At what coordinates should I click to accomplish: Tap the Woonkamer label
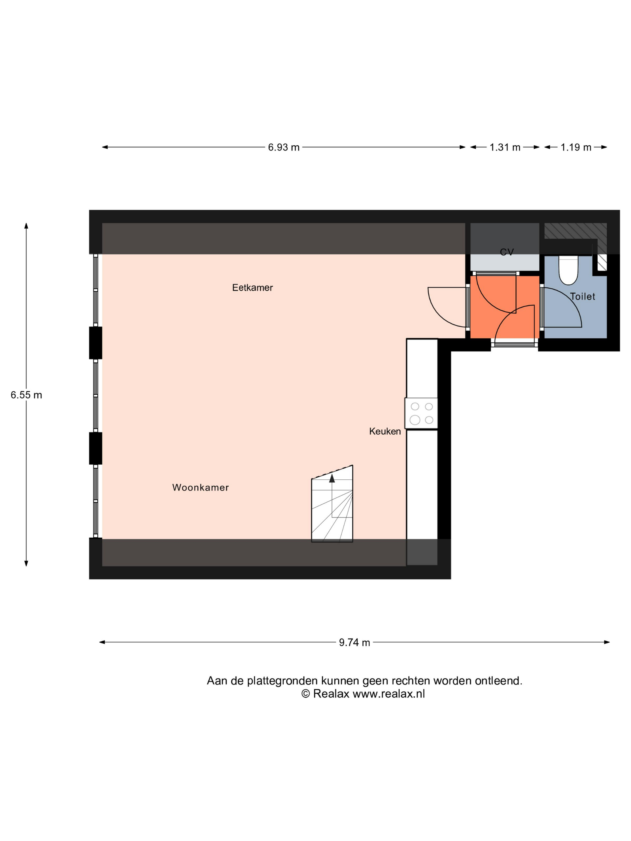[x=200, y=487]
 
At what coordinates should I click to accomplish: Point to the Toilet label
[x=582, y=296]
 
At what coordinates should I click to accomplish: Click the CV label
[x=507, y=252]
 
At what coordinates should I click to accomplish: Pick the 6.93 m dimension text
[x=284, y=147]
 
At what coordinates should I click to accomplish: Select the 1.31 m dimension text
[x=505, y=147]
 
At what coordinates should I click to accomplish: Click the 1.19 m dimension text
[x=576, y=147]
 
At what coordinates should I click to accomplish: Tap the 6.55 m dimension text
[x=26, y=395]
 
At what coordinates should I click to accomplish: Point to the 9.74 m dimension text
[x=355, y=642]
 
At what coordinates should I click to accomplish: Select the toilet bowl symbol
[x=568, y=270]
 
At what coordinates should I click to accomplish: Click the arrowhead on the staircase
[x=332, y=478]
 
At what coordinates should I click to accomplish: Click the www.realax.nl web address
[x=389, y=694]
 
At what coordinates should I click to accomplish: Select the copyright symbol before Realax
[x=305, y=694]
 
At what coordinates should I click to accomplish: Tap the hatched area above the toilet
[x=575, y=231]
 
